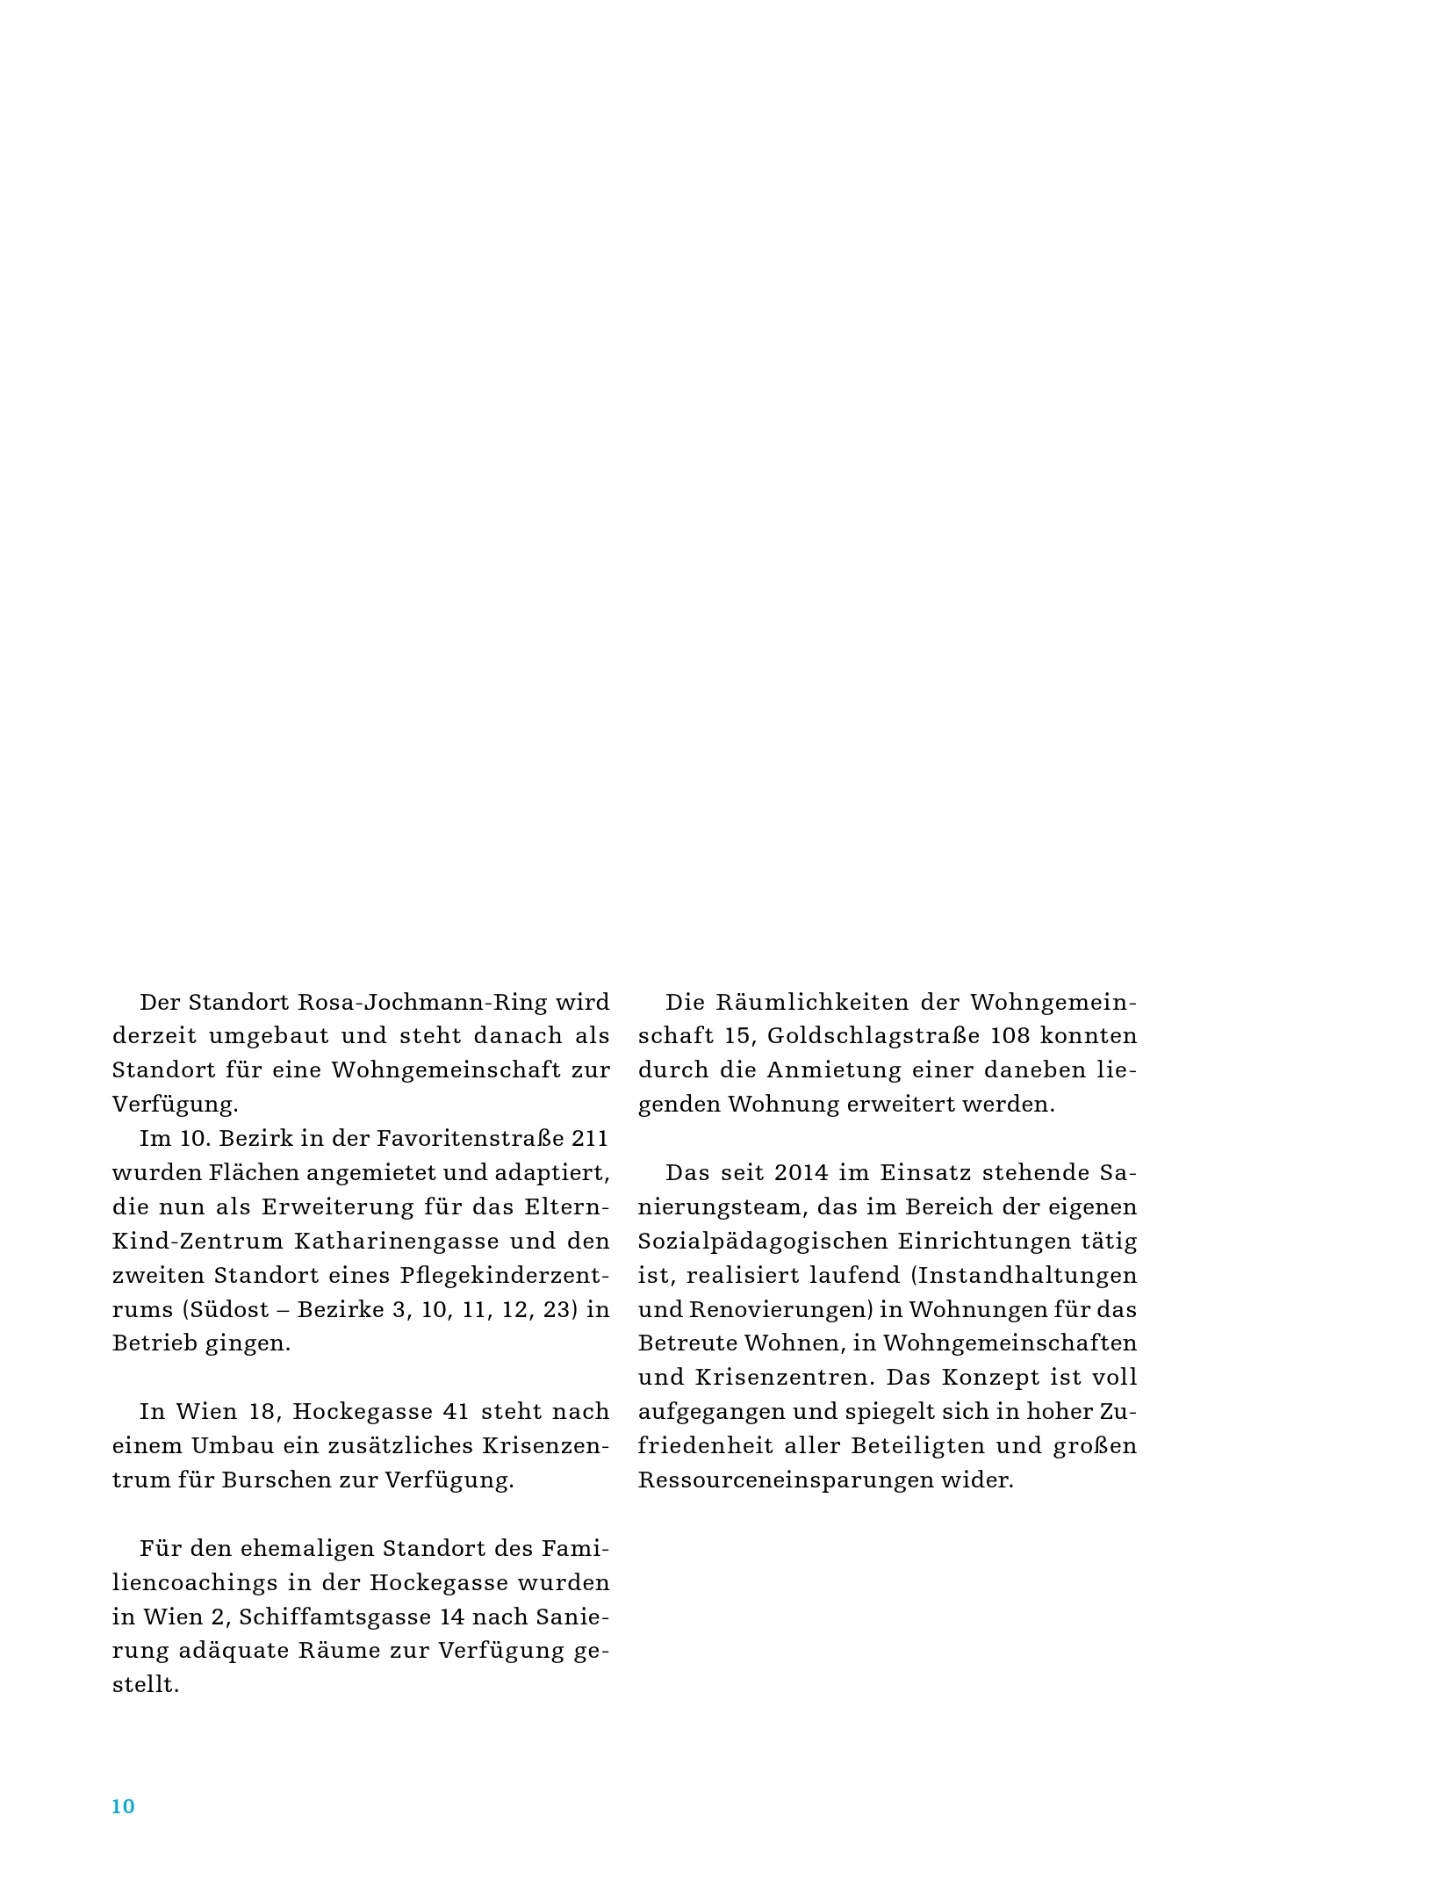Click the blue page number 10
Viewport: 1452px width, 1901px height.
(x=123, y=1805)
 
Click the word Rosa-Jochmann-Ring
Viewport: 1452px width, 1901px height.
(x=422, y=1002)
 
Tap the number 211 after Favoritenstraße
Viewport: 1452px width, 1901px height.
(x=590, y=1139)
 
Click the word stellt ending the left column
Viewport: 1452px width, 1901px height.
(x=145, y=1684)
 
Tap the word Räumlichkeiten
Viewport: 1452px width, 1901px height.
(x=812, y=1002)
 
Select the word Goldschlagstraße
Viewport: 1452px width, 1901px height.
(x=872, y=1036)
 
